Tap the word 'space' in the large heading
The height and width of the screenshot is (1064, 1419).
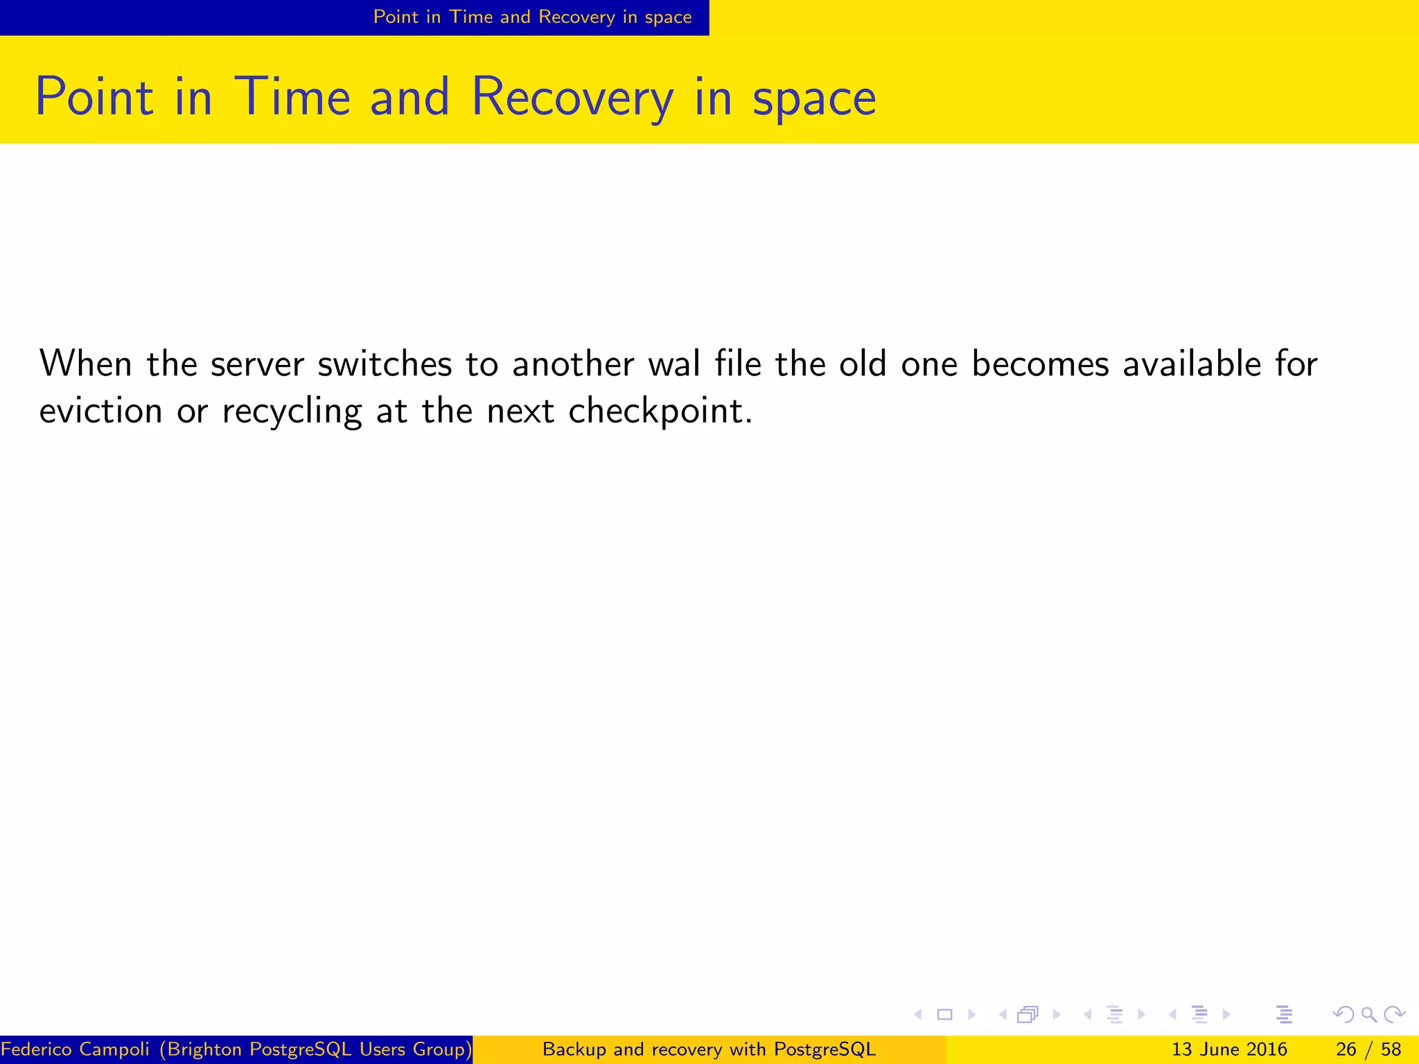[814, 98]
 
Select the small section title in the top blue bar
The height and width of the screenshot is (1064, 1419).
[532, 17]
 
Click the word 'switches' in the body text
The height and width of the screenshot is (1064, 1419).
[385, 364]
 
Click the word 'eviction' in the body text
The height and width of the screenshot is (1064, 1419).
[100, 411]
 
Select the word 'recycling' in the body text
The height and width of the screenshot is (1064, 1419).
[292, 412]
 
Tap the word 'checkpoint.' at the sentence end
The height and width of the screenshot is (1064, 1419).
[660, 412]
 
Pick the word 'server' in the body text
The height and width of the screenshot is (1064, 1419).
[257, 365]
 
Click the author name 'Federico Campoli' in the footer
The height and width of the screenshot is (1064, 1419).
[75, 1049]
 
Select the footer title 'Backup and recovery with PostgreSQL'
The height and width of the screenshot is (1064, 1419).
[709, 1049]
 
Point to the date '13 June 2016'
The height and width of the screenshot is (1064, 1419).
[1228, 1049]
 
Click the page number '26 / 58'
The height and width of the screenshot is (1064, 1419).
[1368, 1049]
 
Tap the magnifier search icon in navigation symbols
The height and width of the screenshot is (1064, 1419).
[1368, 1015]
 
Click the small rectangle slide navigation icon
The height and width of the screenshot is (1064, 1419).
[944, 1015]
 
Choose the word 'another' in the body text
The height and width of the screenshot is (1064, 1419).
[573, 364]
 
